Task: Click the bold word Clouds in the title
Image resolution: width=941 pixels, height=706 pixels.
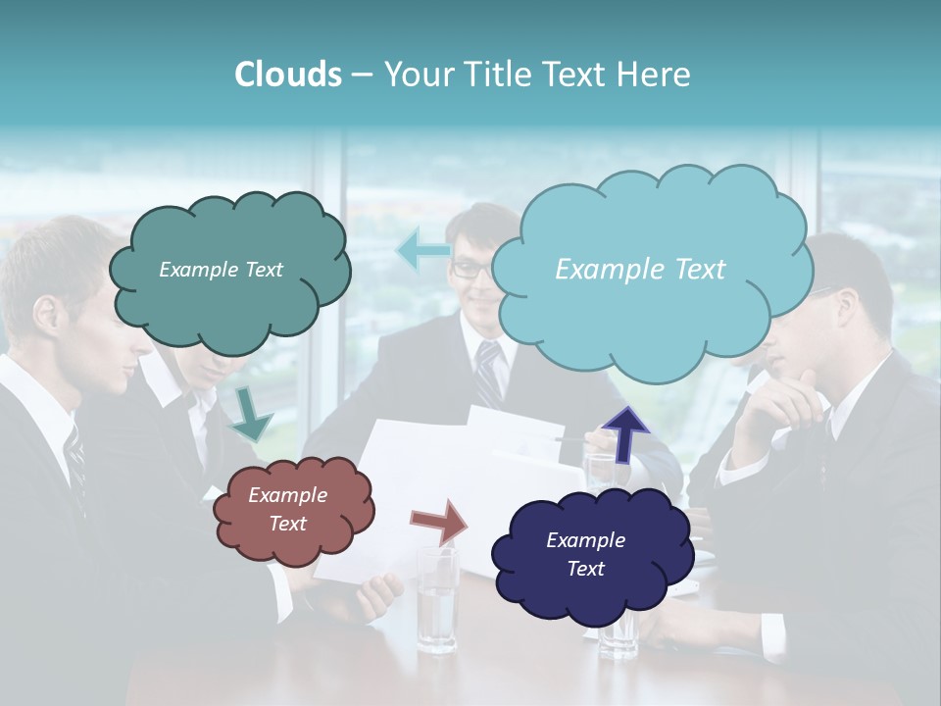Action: click(287, 75)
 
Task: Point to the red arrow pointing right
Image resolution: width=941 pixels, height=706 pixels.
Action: click(439, 521)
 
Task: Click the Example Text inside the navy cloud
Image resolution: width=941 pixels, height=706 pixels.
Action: click(585, 554)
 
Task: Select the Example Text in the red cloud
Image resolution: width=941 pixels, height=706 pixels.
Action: click(287, 509)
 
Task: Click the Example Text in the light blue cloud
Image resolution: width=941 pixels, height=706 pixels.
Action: click(640, 269)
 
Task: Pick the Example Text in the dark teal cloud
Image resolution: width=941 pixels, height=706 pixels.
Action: click(221, 269)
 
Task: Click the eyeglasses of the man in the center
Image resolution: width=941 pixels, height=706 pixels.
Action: click(473, 269)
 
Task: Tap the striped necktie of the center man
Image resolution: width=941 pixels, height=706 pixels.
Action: click(488, 373)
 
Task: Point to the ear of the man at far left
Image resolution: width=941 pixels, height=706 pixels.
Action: click(47, 315)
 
